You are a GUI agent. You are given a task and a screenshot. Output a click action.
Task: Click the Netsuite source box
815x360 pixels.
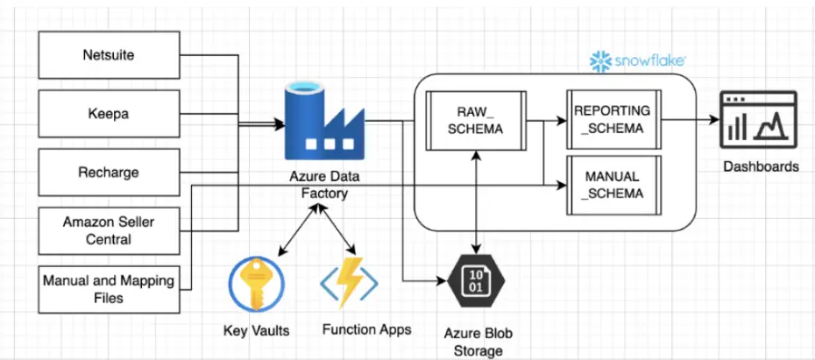110,54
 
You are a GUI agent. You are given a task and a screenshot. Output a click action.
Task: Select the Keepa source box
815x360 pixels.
110,113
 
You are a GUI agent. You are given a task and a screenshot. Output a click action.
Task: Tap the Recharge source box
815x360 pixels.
110,172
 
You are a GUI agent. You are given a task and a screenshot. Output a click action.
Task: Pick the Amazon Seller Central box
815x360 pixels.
110,230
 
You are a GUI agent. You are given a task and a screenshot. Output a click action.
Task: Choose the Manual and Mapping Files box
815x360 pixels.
110,290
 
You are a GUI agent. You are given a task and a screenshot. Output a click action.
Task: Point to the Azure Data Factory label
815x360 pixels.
324,185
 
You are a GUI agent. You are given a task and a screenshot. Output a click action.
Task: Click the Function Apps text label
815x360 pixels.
366,330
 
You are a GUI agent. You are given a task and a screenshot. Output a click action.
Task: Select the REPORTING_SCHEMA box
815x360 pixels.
613,120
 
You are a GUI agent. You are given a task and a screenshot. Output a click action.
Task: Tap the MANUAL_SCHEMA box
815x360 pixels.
613,184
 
